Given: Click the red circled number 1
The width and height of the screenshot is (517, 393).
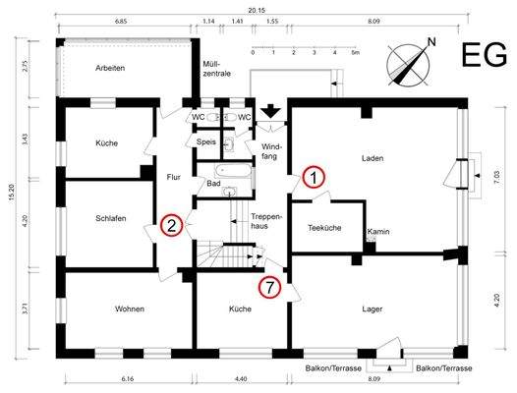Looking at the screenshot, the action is (x=314, y=178).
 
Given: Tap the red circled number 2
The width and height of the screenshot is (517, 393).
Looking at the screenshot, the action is (x=171, y=225).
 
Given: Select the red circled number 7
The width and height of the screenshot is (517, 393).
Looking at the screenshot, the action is (x=269, y=287).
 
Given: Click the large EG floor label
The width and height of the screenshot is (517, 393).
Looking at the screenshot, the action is (x=484, y=55).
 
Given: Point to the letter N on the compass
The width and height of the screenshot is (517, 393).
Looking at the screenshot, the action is (x=431, y=42).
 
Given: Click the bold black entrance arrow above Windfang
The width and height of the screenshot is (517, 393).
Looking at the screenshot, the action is (x=270, y=111).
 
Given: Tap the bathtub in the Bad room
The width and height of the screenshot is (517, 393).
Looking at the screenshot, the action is (x=232, y=170).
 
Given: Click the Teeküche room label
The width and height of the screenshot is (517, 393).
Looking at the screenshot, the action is (x=324, y=228).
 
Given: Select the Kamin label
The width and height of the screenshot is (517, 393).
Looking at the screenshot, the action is (x=378, y=232).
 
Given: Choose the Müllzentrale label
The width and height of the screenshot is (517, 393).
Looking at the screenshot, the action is (x=216, y=69).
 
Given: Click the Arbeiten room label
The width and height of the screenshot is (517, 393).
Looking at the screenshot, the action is (x=110, y=68).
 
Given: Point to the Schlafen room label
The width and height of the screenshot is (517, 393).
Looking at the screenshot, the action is (x=111, y=218).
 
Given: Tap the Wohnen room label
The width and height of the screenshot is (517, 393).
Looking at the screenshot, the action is (x=130, y=309).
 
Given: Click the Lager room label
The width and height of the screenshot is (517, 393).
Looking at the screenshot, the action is (x=372, y=309).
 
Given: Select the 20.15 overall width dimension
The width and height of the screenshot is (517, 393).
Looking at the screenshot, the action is (x=257, y=10).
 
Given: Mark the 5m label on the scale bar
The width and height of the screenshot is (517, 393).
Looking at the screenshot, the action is (x=355, y=53).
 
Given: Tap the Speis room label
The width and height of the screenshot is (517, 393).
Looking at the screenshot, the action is (x=206, y=142).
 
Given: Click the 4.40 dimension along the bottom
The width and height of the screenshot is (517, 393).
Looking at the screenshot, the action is (x=241, y=379).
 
